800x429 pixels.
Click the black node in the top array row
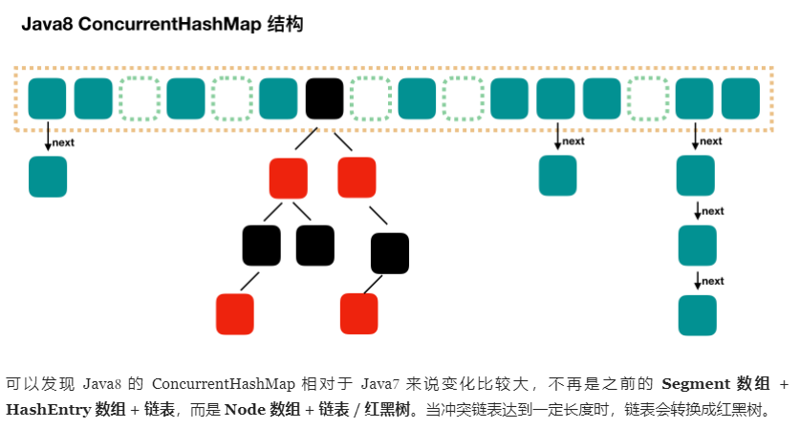tap(324, 98)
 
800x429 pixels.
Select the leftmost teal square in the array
tap(48, 98)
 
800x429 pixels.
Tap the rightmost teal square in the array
tap(741, 98)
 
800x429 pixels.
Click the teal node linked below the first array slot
tap(48, 177)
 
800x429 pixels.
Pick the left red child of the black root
tap(289, 178)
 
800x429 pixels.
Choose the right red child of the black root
tap(357, 178)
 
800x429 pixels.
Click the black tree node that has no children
tap(315, 246)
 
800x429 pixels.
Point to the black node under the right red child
tap(390, 253)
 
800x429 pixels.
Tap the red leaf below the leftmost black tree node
tap(235, 314)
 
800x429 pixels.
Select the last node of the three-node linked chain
tap(697, 315)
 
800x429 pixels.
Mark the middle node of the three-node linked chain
tap(697, 246)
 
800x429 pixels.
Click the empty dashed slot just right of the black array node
tap(370, 98)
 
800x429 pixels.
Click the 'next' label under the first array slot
tap(63, 142)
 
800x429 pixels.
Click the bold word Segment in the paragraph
tap(694, 384)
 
